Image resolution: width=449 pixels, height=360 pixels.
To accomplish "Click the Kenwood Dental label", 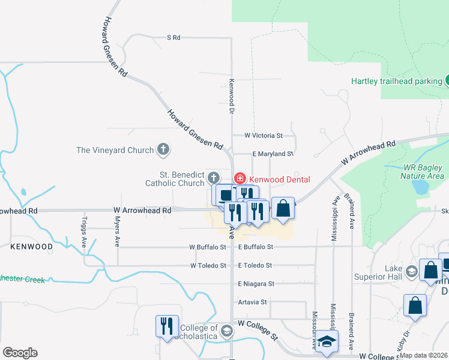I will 280,179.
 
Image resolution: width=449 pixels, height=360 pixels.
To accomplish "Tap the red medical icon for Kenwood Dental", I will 240,178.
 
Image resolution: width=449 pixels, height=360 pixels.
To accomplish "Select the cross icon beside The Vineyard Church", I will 163,149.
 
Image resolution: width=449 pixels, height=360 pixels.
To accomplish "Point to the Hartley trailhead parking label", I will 396,81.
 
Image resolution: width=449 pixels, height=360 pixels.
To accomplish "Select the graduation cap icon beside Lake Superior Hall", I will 411,272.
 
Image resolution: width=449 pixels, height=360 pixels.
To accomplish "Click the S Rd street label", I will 173,38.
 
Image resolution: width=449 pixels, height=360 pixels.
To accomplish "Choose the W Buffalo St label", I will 208,247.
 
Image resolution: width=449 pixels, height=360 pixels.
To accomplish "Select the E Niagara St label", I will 256,284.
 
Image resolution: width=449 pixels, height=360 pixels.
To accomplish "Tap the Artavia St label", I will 252,302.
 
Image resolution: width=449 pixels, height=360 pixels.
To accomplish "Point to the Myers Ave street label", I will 117,232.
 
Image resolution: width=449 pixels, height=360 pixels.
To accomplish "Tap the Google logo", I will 20,352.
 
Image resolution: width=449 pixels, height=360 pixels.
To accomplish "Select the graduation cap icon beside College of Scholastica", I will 227,331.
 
